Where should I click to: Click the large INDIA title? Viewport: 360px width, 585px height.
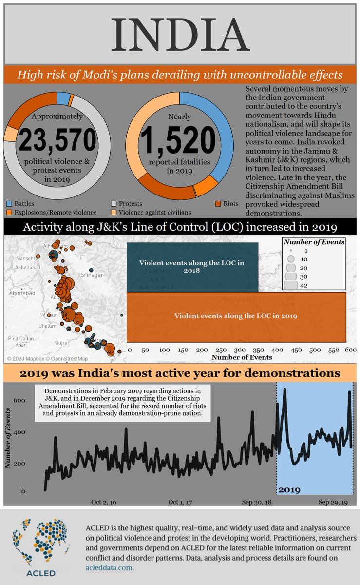(x=180, y=34)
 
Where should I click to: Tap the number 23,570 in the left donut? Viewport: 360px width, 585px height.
(x=57, y=140)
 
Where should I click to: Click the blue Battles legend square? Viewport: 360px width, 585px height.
(x=10, y=203)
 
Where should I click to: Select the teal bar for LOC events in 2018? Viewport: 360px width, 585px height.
(x=192, y=266)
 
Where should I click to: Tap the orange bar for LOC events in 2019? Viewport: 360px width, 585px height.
(x=236, y=316)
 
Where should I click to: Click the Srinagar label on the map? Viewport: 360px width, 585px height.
(x=92, y=275)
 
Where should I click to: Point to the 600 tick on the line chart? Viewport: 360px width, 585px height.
(x=19, y=400)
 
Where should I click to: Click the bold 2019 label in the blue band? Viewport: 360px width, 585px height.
(x=289, y=489)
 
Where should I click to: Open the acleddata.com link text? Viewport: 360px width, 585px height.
(x=109, y=568)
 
